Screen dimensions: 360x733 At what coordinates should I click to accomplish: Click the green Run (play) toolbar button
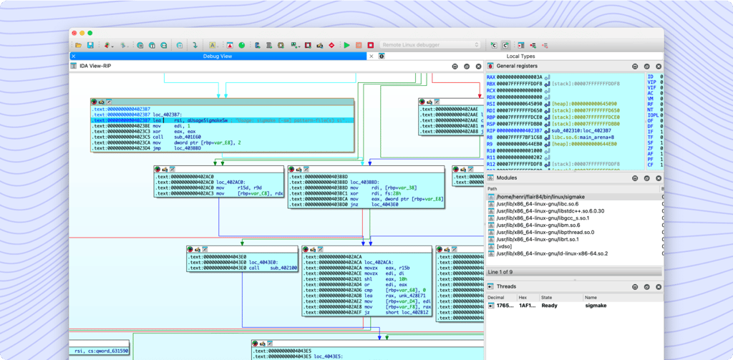tap(347, 45)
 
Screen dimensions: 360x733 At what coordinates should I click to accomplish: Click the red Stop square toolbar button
tap(371, 45)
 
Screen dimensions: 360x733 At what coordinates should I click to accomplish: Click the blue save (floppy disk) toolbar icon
tap(90, 45)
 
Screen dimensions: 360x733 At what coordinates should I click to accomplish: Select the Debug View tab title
tap(218, 56)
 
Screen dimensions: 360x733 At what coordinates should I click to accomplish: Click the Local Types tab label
tap(520, 56)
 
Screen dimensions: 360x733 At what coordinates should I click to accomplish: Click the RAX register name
tap(491, 77)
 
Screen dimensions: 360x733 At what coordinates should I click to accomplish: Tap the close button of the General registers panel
tap(657, 66)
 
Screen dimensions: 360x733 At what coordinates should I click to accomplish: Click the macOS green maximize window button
tap(89, 33)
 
